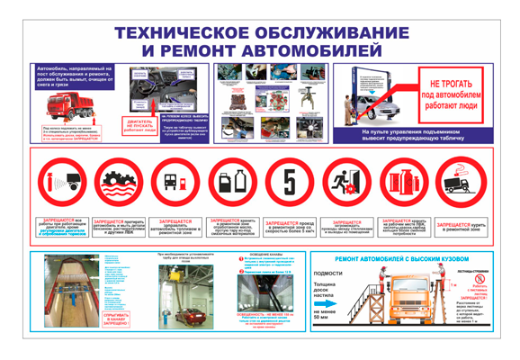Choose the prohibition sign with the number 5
288,183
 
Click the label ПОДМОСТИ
327,273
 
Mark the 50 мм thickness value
321,318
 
